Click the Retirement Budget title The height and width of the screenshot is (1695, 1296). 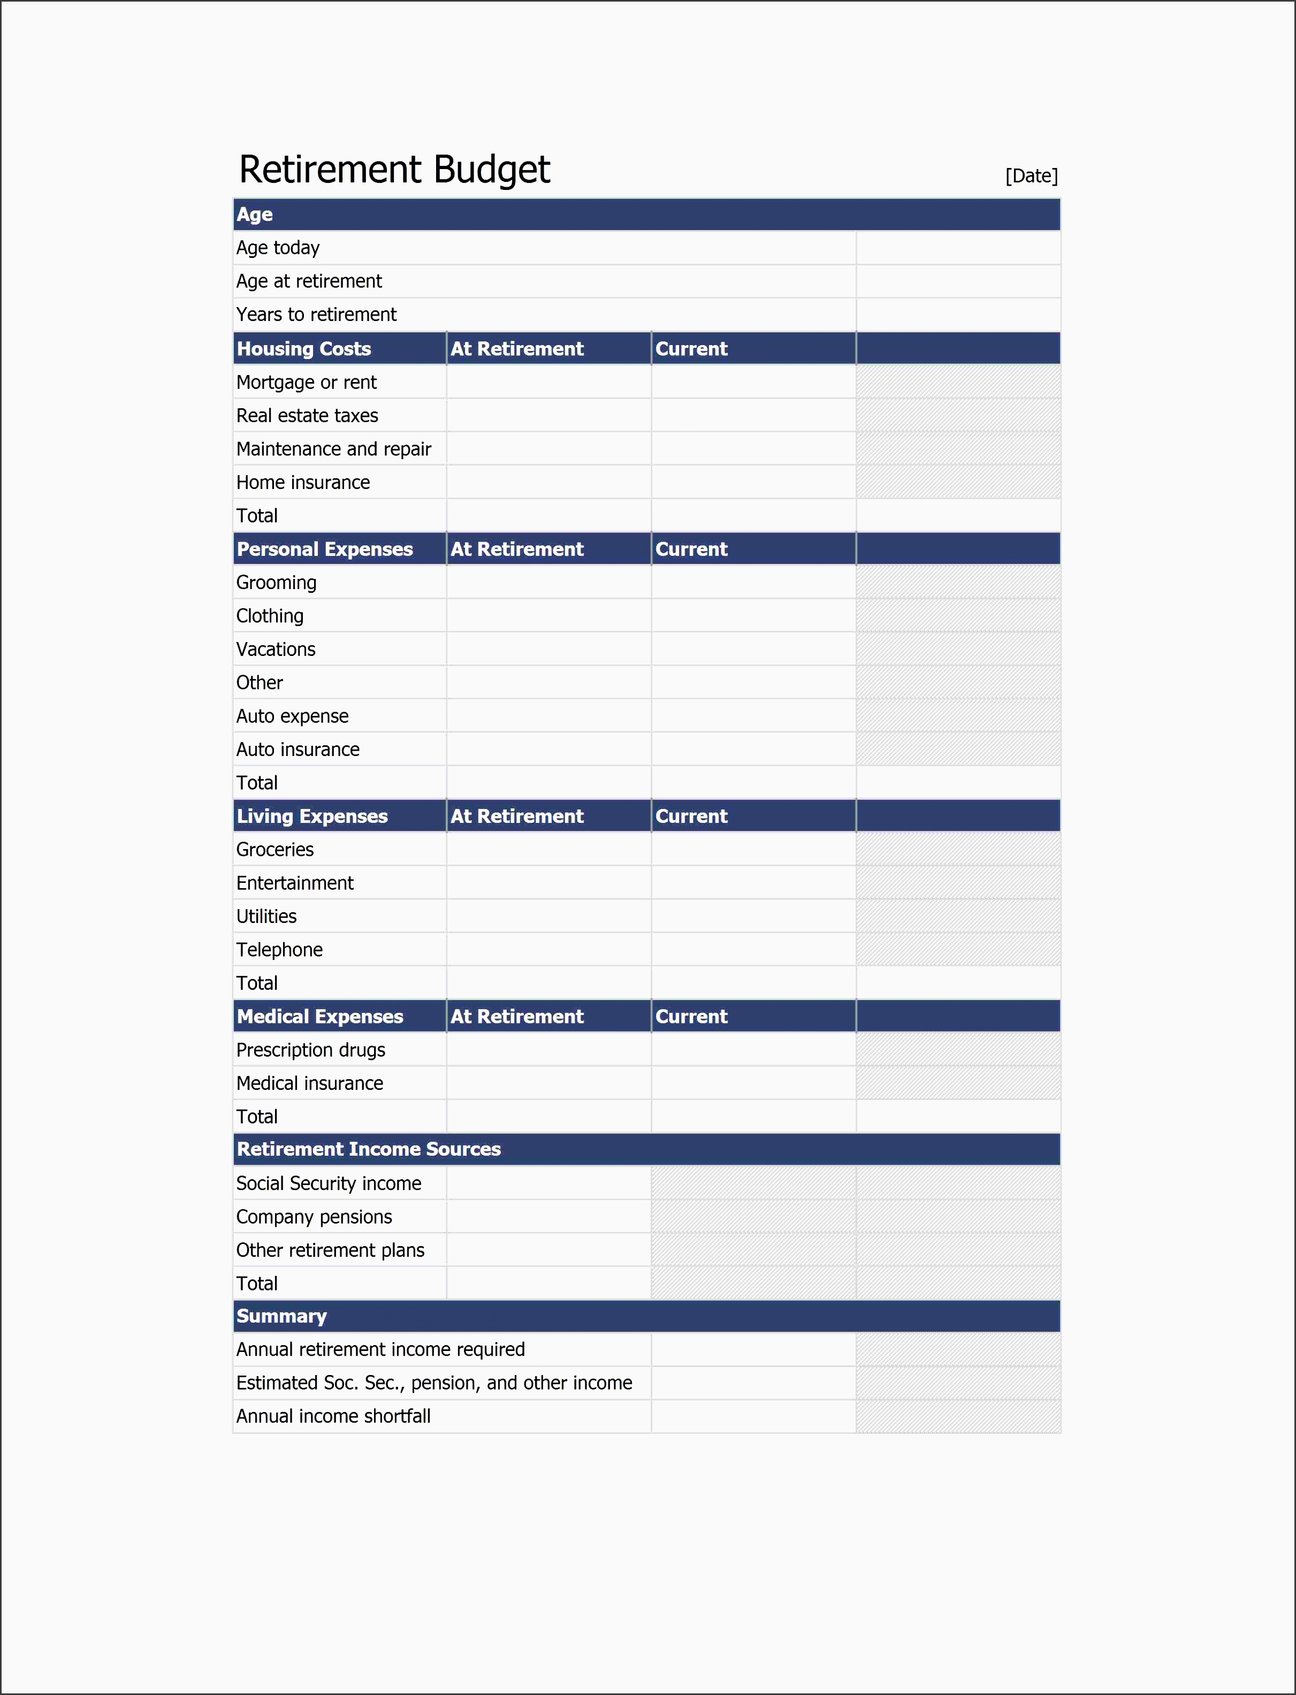point(394,170)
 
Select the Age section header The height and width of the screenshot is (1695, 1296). point(255,215)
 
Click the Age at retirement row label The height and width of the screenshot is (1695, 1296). point(309,281)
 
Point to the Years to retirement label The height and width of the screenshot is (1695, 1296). point(316,315)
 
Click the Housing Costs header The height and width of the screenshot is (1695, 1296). point(304,348)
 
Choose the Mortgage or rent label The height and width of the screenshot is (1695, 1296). point(306,383)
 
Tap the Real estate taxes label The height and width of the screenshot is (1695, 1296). point(307,416)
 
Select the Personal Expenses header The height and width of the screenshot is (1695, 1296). point(325,549)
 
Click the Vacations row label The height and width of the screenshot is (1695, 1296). point(276,650)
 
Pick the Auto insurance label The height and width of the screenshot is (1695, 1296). point(298,750)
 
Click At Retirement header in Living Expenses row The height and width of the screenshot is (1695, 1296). point(517,816)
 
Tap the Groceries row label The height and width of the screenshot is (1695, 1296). point(275,850)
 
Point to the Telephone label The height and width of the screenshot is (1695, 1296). point(279,950)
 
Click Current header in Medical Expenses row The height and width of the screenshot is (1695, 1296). point(691,1017)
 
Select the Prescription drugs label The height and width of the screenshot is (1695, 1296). point(311,1050)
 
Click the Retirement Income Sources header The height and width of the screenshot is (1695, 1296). point(369,1149)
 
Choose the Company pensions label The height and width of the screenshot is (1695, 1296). point(314,1217)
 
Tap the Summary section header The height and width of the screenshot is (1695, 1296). point(281,1316)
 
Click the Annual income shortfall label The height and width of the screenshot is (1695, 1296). point(333,1417)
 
